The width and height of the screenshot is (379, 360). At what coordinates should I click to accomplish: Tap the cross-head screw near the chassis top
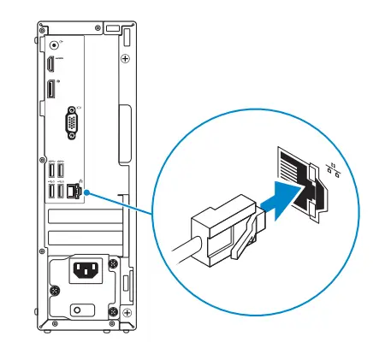(125, 59)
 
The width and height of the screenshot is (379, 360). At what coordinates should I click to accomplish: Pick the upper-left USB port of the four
(51, 173)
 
